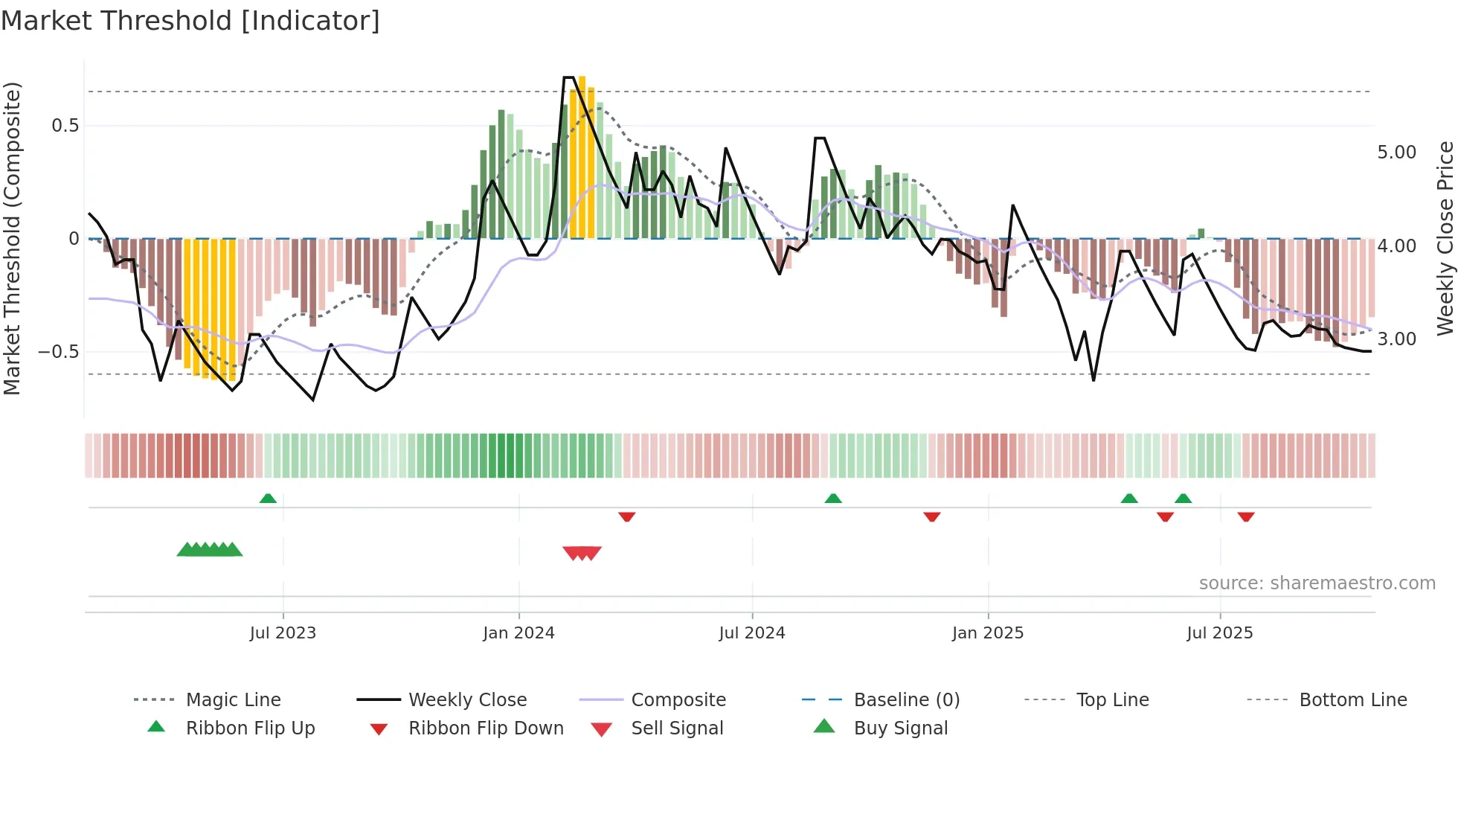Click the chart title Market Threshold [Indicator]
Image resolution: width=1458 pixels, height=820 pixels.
pyautogui.click(x=190, y=21)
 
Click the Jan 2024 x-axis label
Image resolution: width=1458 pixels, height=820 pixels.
pyautogui.click(x=518, y=633)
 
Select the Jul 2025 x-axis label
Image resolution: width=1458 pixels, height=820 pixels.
pyautogui.click(x=1219, y=633)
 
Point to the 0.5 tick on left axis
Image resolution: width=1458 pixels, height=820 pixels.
pyautogui.click(x=65, y=126)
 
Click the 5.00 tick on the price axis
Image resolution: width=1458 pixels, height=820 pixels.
pyautogui.click(x=1396, y=153)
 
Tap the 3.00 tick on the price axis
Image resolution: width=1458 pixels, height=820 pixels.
pyautogui.click(x=1396, y=339)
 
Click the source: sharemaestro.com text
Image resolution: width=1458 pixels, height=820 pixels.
pyautogui.click(x=1317, y=583)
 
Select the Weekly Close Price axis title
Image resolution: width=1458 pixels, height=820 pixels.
pyautogui.click(x=1445, y=238)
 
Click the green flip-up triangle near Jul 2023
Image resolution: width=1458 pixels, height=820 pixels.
pyautogui.click(x=268, y=499)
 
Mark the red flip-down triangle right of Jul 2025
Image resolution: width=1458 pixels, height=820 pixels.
pyautogui.click(x=1246, y=516)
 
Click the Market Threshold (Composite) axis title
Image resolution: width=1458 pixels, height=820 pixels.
pyautogui.click(x=13, y=238)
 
